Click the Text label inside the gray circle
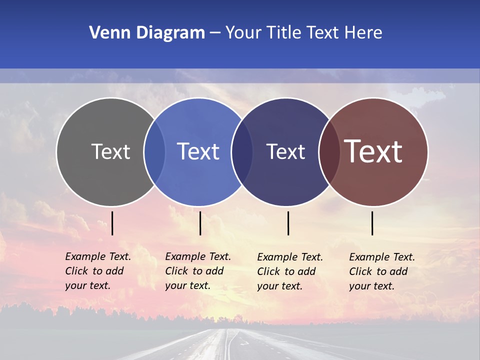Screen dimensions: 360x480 pos(110,151)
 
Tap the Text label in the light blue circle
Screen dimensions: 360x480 pos(198,151)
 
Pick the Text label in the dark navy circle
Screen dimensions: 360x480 pos(285,151)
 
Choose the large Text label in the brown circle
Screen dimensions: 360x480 pos(373,151)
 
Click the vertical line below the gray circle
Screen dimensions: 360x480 pos(112,223)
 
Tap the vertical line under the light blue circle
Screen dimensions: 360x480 pos(200,223)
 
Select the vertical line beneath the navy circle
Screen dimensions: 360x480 pos(288,223)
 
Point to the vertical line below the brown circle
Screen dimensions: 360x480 pos(372,223)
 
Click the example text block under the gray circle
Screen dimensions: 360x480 pos(97,271)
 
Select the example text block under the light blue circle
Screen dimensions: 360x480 pos(197,271)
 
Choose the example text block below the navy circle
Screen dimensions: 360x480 pos(289,271)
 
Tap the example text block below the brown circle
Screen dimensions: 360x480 pos(381,271)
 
